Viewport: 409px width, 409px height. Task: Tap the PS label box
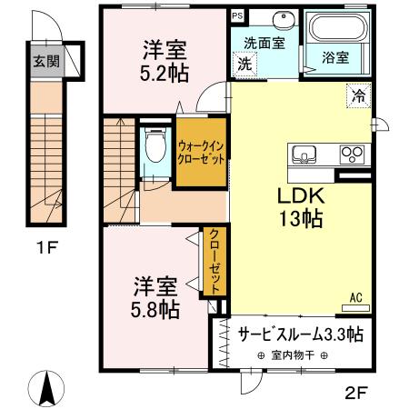[x=237, y=16]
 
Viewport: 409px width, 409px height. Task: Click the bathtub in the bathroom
[x=336, y=33]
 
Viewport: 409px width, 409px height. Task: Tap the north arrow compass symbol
[x=49, y=388]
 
